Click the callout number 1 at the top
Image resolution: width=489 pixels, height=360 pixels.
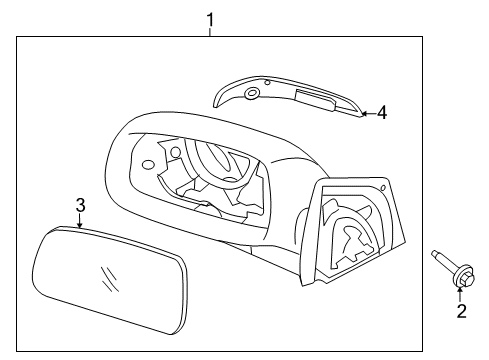point(210,20)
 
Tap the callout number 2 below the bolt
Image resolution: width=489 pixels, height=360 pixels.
point(461,311)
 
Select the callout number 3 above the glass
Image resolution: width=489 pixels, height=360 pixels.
point(80,205)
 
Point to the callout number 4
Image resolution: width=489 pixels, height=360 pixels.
point(382,112)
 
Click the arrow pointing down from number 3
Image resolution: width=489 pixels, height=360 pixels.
point(80,221)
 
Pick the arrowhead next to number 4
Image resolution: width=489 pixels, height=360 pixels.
point(365,114)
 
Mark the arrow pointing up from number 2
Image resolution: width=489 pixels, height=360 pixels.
point(460,295)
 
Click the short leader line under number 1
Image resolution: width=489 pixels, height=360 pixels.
point(210,33)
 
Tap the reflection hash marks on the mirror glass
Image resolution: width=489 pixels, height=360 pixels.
point(109,279)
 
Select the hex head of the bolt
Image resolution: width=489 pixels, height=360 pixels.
point(469,278)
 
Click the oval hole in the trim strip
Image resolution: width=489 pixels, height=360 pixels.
point(252,94)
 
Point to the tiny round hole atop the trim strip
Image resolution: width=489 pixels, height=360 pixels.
point(267,82)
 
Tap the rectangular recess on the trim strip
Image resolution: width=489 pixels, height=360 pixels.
point(315,100)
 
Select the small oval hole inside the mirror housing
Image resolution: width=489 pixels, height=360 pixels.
point(148,164)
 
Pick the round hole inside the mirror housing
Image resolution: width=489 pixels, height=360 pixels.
point(175,152)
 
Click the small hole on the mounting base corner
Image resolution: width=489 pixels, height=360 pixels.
point(383,188)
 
